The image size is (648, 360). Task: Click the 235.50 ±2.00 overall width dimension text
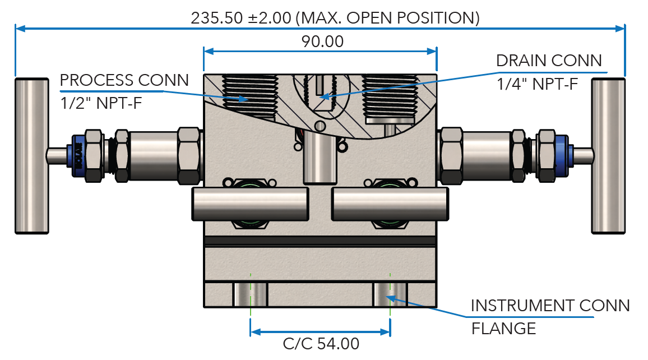[x=335, y=17]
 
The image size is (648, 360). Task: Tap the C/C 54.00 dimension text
[x=321, y=343]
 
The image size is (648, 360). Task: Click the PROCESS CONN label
[x=124, y=80]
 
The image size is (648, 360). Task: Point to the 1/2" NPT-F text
[x=95, y=103]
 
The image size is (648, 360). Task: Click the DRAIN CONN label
[x=549, y=61]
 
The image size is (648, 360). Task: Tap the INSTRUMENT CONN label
[x=550, y=306]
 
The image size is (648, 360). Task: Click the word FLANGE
[x=503, y=328]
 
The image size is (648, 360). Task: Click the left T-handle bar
[x=31, y=155]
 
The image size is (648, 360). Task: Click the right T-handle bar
[x=608, y=155]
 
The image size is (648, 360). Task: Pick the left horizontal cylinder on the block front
[x=250, y=204]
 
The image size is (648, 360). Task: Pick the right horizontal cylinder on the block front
[x=390, y=204]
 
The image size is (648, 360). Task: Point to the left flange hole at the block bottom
[x=250, y=294]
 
